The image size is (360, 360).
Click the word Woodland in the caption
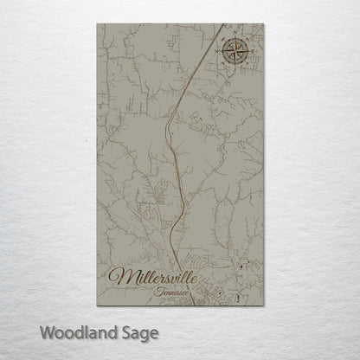coord(79,331)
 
